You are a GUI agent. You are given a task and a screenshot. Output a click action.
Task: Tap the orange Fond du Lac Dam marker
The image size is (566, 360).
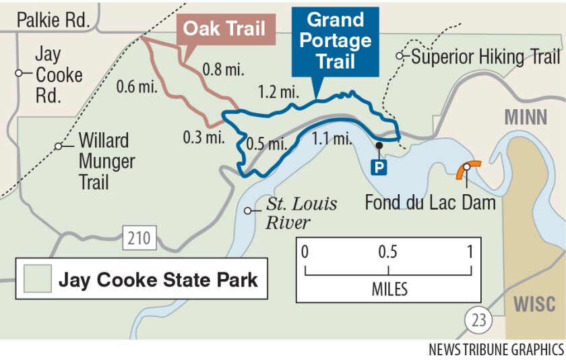(x=467, y=169)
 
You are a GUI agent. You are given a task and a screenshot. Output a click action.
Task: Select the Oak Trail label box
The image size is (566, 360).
(x=224, y=30)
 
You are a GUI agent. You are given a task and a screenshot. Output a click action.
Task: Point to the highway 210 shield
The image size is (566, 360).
(x=139, y=237)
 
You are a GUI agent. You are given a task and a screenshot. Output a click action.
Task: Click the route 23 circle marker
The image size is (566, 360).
(x=478, y=319)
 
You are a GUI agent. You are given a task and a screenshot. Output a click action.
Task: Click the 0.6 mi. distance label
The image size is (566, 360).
(x=135, y=87)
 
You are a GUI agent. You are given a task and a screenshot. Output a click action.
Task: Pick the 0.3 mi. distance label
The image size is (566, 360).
(x=202, y=137)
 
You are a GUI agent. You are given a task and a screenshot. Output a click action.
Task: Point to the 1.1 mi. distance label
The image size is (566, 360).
(x=332, y=140)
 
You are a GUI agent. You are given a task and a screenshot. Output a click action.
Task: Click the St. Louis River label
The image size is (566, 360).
(x=301, y=213)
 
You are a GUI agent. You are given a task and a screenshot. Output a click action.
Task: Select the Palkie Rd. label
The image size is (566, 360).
(x=53, y=20)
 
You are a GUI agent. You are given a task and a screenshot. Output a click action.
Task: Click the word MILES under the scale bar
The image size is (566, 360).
(x=389, y=290)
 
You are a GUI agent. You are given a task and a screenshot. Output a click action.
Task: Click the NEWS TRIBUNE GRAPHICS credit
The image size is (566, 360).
(x=496, y=350)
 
